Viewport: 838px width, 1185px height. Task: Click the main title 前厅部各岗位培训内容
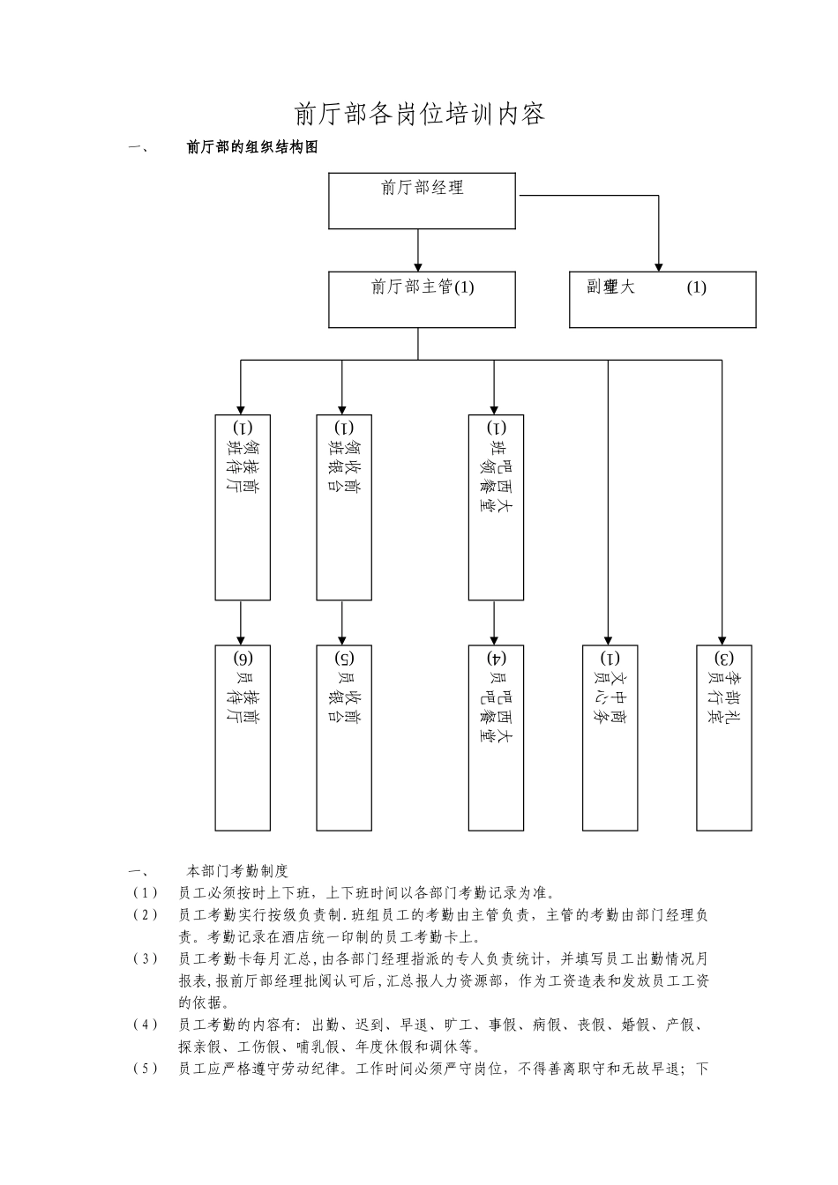click(x=419, y=114)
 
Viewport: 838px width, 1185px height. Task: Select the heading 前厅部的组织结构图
click(x=251, y=148)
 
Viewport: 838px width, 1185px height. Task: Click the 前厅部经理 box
click(x=422, y=201)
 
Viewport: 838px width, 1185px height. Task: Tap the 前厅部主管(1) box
click(x=422, y=300)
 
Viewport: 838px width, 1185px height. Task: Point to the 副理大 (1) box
click(x=662, y=300)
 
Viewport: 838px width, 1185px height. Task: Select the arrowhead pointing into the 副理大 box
click(x=659, y=265)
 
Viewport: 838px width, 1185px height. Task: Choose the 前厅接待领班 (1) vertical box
click(x=243, y=507)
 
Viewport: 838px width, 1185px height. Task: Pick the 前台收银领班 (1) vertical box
click(x=344, y=507)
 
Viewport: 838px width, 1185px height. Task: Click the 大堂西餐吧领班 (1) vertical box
click(x=496, y=507)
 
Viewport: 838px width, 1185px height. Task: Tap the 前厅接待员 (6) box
click(x=243, y=737)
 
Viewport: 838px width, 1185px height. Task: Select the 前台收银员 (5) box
click(x=344, y=737)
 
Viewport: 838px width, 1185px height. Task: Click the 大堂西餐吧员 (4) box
click(x=496, y=737)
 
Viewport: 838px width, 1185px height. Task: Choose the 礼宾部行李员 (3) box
click(x=723, y=737)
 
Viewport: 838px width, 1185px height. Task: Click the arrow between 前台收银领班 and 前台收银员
click(x=342, y=622)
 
